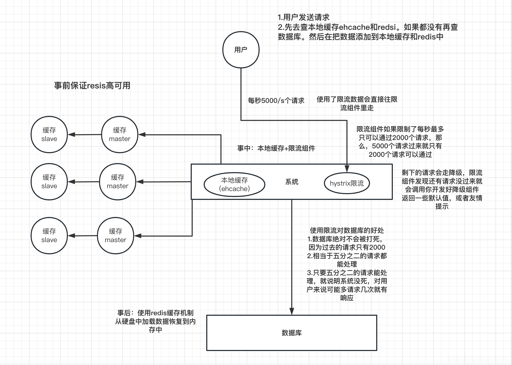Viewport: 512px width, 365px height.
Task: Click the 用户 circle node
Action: pyautogui.click(x=241, y=50)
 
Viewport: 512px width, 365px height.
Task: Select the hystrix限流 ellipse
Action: pyautogui.click(x=347, y=183)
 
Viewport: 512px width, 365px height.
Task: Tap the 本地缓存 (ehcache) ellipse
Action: pyautogui.click(x=234, y=184)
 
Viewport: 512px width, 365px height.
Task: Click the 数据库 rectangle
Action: pyautogui.click(x=291, y=333)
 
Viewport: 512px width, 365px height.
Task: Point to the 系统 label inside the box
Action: pyautogui.click(x=292, y=182)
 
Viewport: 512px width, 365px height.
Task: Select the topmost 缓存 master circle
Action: pyautogui.click(x=119, y=134)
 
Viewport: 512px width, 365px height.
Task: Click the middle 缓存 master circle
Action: pyautogui.click(x=117, y=181)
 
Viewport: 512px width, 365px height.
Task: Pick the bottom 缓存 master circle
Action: pyautogui.click(x=115, y=235)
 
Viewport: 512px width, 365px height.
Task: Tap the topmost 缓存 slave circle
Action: pyautogui.click(x=49, y=134)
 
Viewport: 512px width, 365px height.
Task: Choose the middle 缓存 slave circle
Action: pyautogui.click(x=49, y=181)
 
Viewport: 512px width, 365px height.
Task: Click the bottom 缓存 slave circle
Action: pyautogui.click(x=49, y=235)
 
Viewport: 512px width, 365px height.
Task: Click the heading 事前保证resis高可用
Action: pyautogui.click(x=92, y=86)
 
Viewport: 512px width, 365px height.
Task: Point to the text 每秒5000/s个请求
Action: pyautogui.click(x=276, y=101)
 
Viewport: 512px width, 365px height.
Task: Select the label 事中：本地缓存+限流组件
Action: pyautogui.click(x=276, y=148)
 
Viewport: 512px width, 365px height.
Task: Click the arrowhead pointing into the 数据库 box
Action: pyautogui.click(x=292, y=311)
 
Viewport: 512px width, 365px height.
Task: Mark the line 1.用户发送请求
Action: pyautogui.click(x=303, y=17)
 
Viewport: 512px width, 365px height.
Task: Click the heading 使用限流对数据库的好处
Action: pyautogui.click(x=347, y=230)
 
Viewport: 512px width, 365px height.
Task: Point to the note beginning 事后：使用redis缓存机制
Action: pyautogui.click(x=155, y=321)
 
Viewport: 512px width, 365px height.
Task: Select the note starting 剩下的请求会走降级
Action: pyautogui.click(x=442, y=189)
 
